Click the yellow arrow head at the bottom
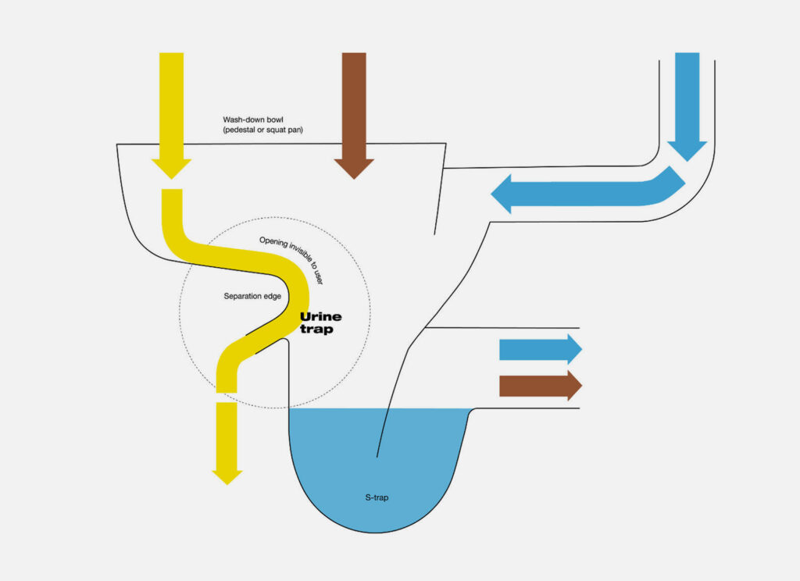[x=227, y=472]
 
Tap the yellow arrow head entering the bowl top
[x=171, y=166]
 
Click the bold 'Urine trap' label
[x=321, y=323]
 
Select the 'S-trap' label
[x=378, y=497]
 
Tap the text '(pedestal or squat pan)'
[x=263, y=130]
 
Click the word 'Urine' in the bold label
[x=321, y=318]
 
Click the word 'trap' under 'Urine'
[x=316, y=330]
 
